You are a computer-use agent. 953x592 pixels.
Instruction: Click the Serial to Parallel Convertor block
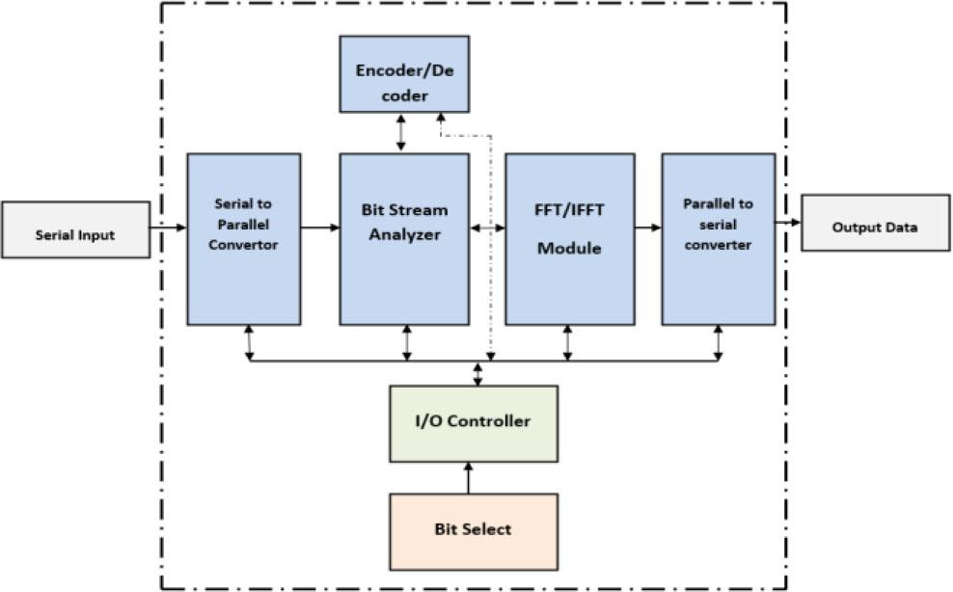pos(243,238)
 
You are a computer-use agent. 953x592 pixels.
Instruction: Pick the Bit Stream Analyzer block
pos(404,238)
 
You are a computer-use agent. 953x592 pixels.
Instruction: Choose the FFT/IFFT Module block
pos(569,238)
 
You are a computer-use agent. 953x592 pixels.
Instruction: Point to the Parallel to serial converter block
pos(718,238)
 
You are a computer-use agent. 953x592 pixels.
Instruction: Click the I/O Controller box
pos(473,422)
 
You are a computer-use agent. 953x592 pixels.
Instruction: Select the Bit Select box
pos(473,530)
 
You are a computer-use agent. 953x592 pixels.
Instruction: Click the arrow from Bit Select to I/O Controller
pos(469,477)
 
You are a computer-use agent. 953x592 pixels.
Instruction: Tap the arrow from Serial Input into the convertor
pos(168,228)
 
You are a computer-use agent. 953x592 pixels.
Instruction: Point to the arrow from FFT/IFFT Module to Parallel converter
pos(647,228)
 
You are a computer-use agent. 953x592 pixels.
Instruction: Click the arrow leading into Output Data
pos(788,223)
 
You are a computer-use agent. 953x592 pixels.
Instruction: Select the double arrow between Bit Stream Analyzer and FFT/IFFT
pos(487,228)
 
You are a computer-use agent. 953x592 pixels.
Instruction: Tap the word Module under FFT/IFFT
pos(569,248)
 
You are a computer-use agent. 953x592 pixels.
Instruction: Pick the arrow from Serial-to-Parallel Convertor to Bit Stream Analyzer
pos(320,228)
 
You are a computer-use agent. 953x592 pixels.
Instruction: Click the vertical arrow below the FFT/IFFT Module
pos(567,343)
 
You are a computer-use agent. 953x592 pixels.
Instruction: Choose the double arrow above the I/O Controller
pos(477,374)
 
